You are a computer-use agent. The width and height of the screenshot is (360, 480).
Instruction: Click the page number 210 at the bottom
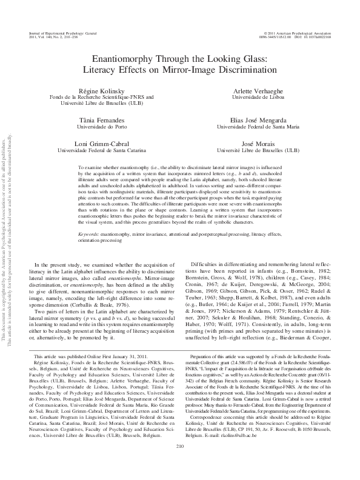pyautogui.click(x=179, y=464)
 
